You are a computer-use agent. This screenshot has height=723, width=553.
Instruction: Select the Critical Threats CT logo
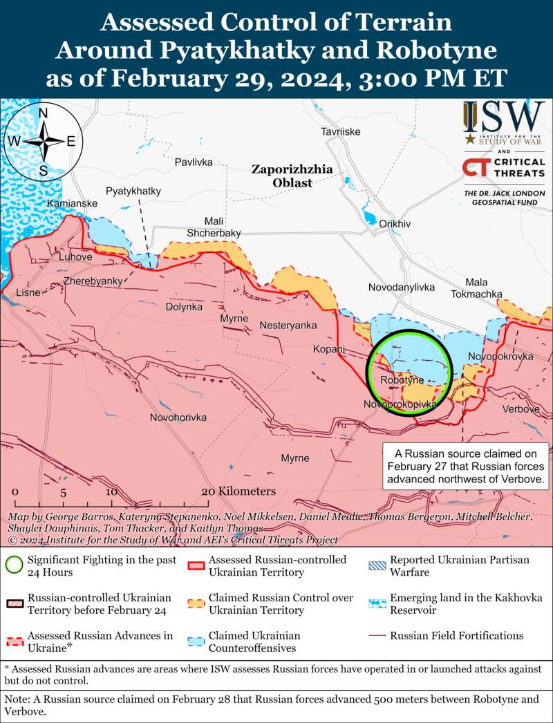pyautogui.click(x=472, y=167)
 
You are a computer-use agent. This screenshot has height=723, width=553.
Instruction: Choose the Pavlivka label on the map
pyautogui.click(x=194, y=162)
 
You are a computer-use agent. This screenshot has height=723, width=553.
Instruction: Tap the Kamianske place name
pyautogui.click(x=72, y=203)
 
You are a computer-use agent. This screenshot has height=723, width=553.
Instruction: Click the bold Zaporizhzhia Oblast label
pyautogui.click(x=292, y=176)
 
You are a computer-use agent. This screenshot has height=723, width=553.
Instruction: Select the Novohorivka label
pyautogui.click(x=178, y=417)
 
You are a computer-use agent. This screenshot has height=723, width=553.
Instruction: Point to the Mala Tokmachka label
pyautogui.click(x=476, y=288)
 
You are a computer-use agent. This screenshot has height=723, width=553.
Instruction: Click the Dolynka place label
pyautogui.click(x=185, y=306)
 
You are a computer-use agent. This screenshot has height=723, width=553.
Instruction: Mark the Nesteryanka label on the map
pyautogui.click(x=288, y=325)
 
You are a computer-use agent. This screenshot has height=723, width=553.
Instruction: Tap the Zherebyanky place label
pyautogui.click(x=93, y=281)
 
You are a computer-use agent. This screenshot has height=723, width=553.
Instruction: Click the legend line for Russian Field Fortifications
pyautogui.click(x=377, y=636)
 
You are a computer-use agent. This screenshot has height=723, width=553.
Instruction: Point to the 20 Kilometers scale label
pyautogui.click(x=238, y=491)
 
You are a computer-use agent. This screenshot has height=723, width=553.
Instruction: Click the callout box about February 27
pyautogui.click(x=465, y=465)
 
